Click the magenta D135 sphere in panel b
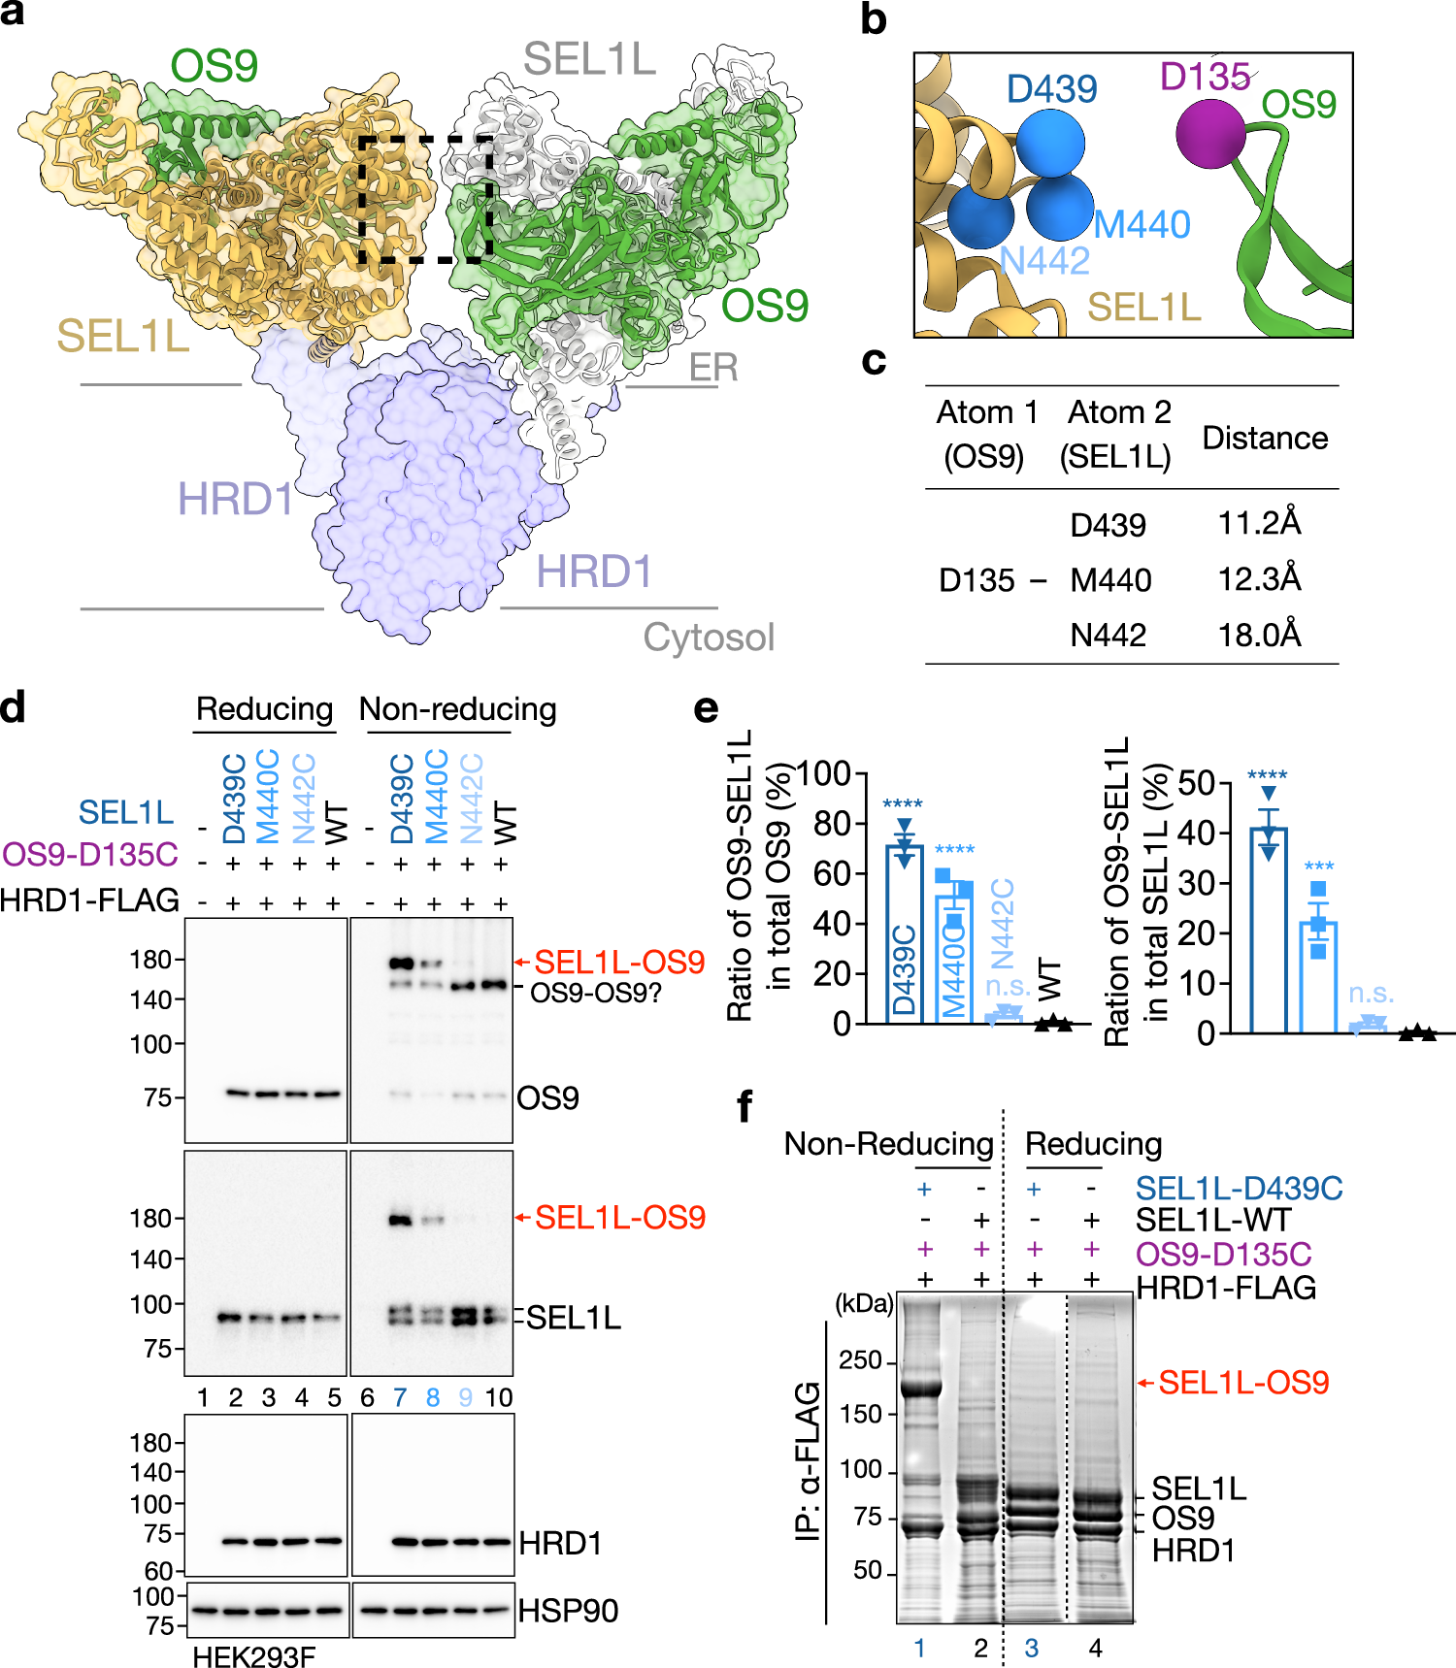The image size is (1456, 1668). pyautogui.click(x=1210, y=134)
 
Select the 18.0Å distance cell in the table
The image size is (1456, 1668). pyautogui.click(x=1259, y=635)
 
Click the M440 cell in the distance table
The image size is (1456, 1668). pyautogui.click(x=1110, y=580)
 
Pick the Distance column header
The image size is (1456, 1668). pyautogui.click(x=1264, y=438)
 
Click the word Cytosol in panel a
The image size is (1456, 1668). pyautogui.click(x=709, y=638)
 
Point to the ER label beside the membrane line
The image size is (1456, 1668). pyautogui.click(x=713, y=368)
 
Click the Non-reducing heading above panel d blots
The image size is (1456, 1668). pyautogui.click(x=457, y=709)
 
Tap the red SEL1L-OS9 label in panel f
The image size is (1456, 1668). pyautogui.click(x=1242, y=1382)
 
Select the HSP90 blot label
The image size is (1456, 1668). pyautogui.click(x=568, y=1611)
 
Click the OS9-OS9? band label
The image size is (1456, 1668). pyautogui.click(x=595, y=993)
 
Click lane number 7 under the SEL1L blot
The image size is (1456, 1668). pyautogui.click(x=400, y=1397)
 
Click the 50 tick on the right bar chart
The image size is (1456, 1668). pyautogui.click(x=1195, y=783)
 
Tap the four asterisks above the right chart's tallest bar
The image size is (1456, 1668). pyautogui.click(x=1267, y=775)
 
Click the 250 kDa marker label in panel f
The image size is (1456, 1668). pyautogui.click(x=860, y=1360)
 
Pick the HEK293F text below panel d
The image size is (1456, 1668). pyautogui.click(x=253, y=1656)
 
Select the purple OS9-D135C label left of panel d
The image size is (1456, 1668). pyautogui.click(x=90, y=854)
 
